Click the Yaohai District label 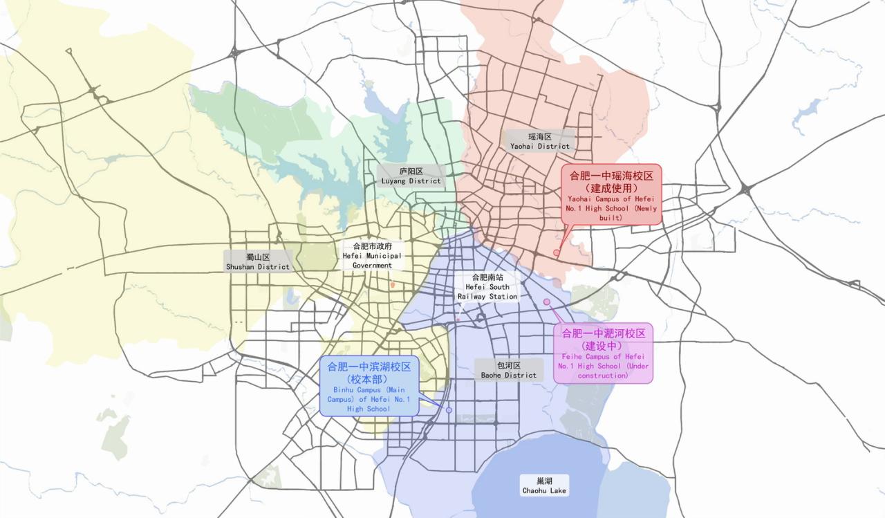click(x=540, y=142)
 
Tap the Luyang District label click(x=411, y=176)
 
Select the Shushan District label click(x=257, y=261)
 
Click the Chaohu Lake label click(x=544, y=485)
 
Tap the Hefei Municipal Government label click(x=372, y=255)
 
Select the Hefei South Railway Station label click(x=487, y=286)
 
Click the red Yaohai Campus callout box click(x=611, y=194)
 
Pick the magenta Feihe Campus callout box click(x=603, y=353)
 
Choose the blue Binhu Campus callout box click(x=369, y=386)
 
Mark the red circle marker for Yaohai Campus click(x=557, y=252)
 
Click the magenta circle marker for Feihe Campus click(x=547, y=302)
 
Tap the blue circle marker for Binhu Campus click(x=449, y=410)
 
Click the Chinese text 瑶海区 click(x=540, y=137)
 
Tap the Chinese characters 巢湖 click(x=544, y=481)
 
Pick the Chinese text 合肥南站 click(x=487, y=277)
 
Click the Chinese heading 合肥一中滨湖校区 click(x=369, y=367)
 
